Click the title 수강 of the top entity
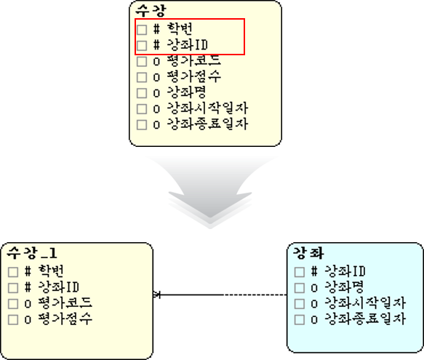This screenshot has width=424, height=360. pyautogui.click(x=151, y=11)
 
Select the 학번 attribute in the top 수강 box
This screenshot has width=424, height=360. pyautogui.click(x=180, y=28)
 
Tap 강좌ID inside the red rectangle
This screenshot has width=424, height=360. pyautogui.click(x=188, y=44)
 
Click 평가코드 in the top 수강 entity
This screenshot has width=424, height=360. pyautogui.click(x=193, y=60)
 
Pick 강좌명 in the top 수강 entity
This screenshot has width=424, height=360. pyautogui.click(x=186, y=92)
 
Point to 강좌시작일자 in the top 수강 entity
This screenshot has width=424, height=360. pyautogui.click(x=207, y=108)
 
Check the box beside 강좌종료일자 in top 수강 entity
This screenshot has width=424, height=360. pyautogui.click(x=142, y=125)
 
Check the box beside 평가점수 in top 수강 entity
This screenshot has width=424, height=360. pyautogui.click(x=142, y=77)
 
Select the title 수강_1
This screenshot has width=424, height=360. pyautogui.click(x=32, y=253)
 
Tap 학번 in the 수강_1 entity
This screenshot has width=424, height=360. pyautogui.click(x=51, y=271)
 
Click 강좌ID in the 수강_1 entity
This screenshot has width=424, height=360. pyautogui.click(x=59, y=287)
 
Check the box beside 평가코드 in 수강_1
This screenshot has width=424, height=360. pyautogui.click(x=13, y=304)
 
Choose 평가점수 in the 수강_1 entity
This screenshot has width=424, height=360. pyautogui.click(x=65, y=319)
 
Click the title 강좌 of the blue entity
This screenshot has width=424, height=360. pyautogui.click(x=308, y=253)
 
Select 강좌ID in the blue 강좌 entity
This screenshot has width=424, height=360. pyautogui.click(x=345, y=271)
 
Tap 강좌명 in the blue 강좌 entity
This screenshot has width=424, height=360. pyautogui.click(x=344, y=287)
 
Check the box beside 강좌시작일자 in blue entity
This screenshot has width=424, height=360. pyautogui.click(x=300, y=304)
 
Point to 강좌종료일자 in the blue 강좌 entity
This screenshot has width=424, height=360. pyautogui.click(x=365, y=319)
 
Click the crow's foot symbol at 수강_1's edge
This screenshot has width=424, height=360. pyautogui.click(x=157, y=295)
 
